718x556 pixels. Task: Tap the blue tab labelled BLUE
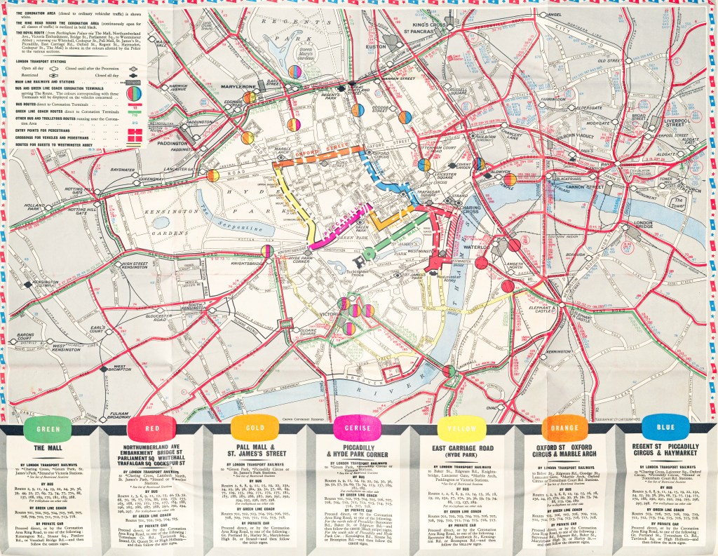coord(664,429)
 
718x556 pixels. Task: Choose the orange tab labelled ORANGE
coord(560,429)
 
